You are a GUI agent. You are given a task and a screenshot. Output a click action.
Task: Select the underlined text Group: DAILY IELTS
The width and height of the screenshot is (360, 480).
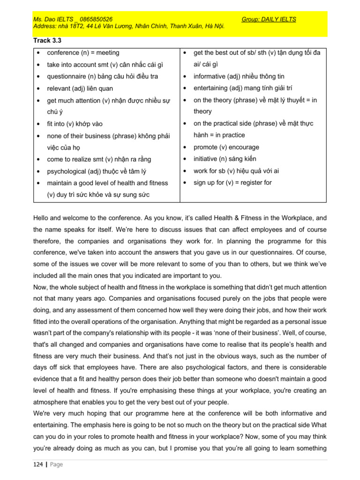(x=269, y=19)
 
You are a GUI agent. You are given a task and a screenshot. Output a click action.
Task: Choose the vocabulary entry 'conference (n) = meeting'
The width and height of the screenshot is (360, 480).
(x=83, y=53)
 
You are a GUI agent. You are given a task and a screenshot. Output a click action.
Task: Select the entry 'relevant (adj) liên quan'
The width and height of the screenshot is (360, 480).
(x=80, y=89)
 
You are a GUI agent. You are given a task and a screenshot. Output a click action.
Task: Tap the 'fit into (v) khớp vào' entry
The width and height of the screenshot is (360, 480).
(x=75, y=124)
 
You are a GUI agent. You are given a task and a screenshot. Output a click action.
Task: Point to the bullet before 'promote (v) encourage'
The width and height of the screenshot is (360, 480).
(x=186, y=147)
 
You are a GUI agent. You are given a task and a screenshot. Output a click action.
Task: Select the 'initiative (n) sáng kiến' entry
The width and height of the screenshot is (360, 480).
(x=225, y=159)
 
